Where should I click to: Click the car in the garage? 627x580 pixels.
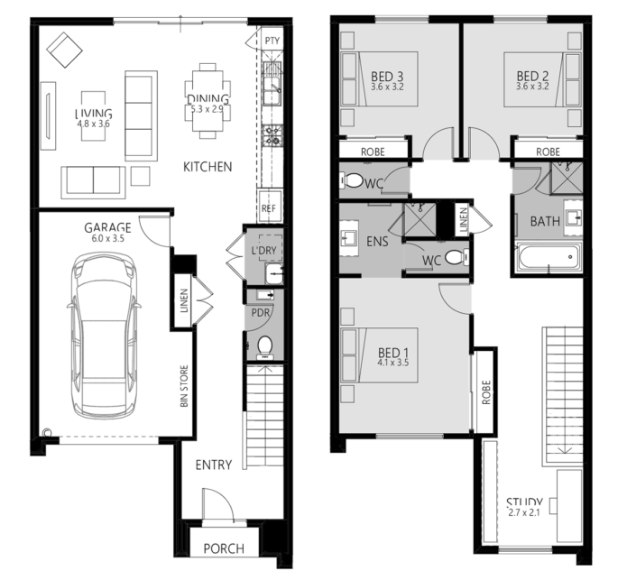104,336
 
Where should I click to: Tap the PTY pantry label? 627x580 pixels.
272,41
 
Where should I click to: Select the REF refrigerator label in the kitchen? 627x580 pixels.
269,208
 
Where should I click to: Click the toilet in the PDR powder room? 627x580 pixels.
264,345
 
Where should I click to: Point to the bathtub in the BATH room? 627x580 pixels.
549,256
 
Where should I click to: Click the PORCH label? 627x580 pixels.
224,548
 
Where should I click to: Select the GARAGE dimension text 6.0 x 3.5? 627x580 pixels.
107,239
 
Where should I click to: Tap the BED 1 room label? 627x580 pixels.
393,353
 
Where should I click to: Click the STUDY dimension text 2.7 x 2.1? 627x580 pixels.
524,512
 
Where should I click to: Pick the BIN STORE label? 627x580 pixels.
184,386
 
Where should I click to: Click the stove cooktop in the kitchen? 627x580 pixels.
272,134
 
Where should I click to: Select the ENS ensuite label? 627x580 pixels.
377,242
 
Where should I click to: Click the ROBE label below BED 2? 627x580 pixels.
548,152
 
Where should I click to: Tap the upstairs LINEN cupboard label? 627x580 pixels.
464,220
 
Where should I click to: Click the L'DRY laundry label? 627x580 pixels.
264,251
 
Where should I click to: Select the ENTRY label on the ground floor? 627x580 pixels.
214,465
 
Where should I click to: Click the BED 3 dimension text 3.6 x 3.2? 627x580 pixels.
387,87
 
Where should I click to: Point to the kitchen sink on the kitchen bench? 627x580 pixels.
272,91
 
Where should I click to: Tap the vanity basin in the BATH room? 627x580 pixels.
574,218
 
